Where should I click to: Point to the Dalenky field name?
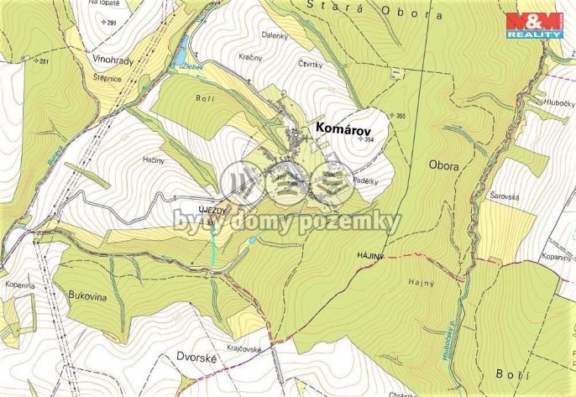tap(297, 35)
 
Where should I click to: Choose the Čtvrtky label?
tap(311, 63)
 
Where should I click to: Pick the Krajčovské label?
tap(244, 347)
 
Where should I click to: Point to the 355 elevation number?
tap(401, 115)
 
